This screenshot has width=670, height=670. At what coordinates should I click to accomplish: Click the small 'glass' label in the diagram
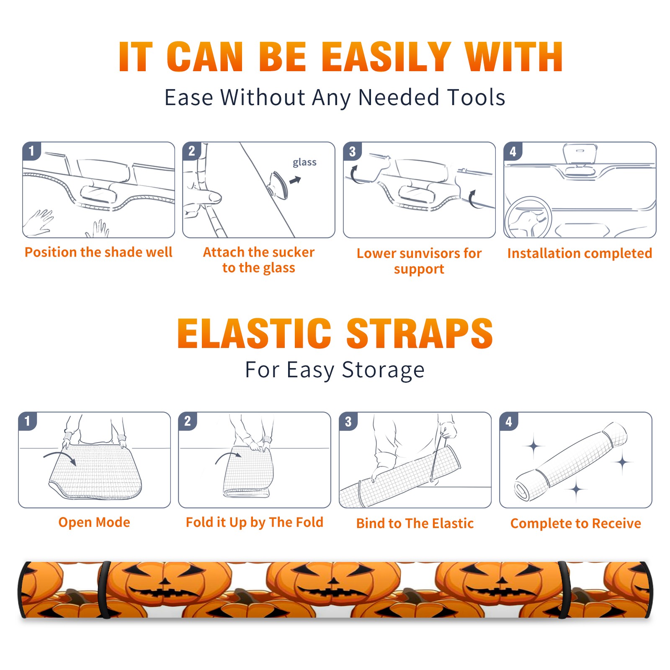[x=304, y=162]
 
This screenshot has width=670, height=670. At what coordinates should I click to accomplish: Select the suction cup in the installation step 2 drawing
[x=279, y=185]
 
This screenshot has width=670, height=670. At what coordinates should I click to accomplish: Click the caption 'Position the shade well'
[x=98, y=252]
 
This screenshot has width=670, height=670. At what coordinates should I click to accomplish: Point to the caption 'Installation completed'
[x=580, y=253]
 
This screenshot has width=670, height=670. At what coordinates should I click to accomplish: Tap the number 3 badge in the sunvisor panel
[x=352, y=152]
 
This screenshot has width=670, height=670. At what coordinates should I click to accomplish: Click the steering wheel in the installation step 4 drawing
[x=528, y=218]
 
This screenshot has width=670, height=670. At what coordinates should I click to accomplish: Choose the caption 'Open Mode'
[x=94, y=522]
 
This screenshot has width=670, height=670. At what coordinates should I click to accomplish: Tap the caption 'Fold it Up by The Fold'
[x=255, y=522]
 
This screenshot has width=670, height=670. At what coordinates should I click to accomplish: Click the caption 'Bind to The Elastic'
[x=415, y=523]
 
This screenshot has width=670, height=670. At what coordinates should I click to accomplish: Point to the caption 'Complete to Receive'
[x=576, y=523]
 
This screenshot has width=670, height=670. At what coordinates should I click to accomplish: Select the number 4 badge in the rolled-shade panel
[x=509, y=422]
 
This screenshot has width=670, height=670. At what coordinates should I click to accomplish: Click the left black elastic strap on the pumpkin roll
[x=104, y=590]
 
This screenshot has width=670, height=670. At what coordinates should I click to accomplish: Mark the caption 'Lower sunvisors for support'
[x=419, y=261]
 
